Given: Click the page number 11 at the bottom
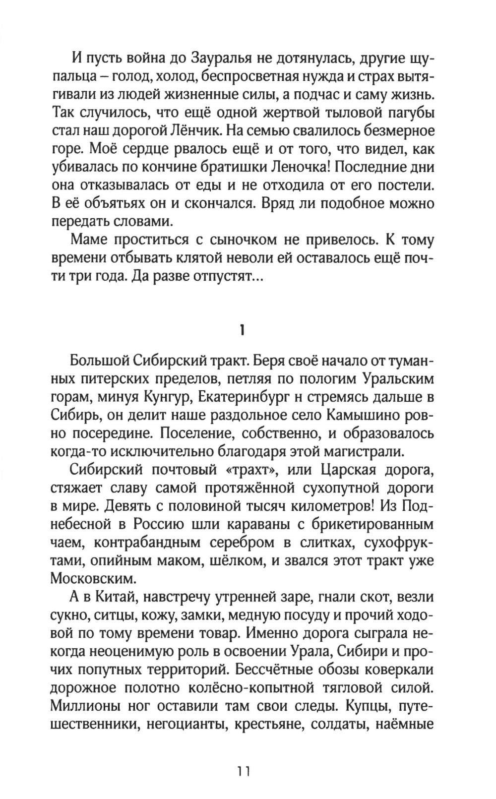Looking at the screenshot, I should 245,771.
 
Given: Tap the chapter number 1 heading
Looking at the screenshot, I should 242,330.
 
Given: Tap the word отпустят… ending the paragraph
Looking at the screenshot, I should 224,276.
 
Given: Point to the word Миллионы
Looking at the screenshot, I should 88,705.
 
